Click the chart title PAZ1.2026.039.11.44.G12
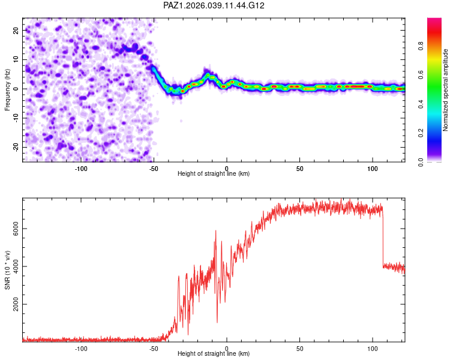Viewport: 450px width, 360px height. (x=214, y=5)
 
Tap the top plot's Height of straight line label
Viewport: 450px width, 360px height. (x=214, y=173)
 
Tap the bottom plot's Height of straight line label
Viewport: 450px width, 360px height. (x=214, y=353)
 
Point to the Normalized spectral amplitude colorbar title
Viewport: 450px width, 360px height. (x=446, y=90)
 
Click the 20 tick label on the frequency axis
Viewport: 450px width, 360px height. (x=17, y=30)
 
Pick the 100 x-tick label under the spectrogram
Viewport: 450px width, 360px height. (x=373, y=167)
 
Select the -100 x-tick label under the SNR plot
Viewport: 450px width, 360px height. (x=81, y=347)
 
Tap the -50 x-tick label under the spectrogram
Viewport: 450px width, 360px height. (x=154, y=167)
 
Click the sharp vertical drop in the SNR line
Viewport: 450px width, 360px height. (x=383, y=237)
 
